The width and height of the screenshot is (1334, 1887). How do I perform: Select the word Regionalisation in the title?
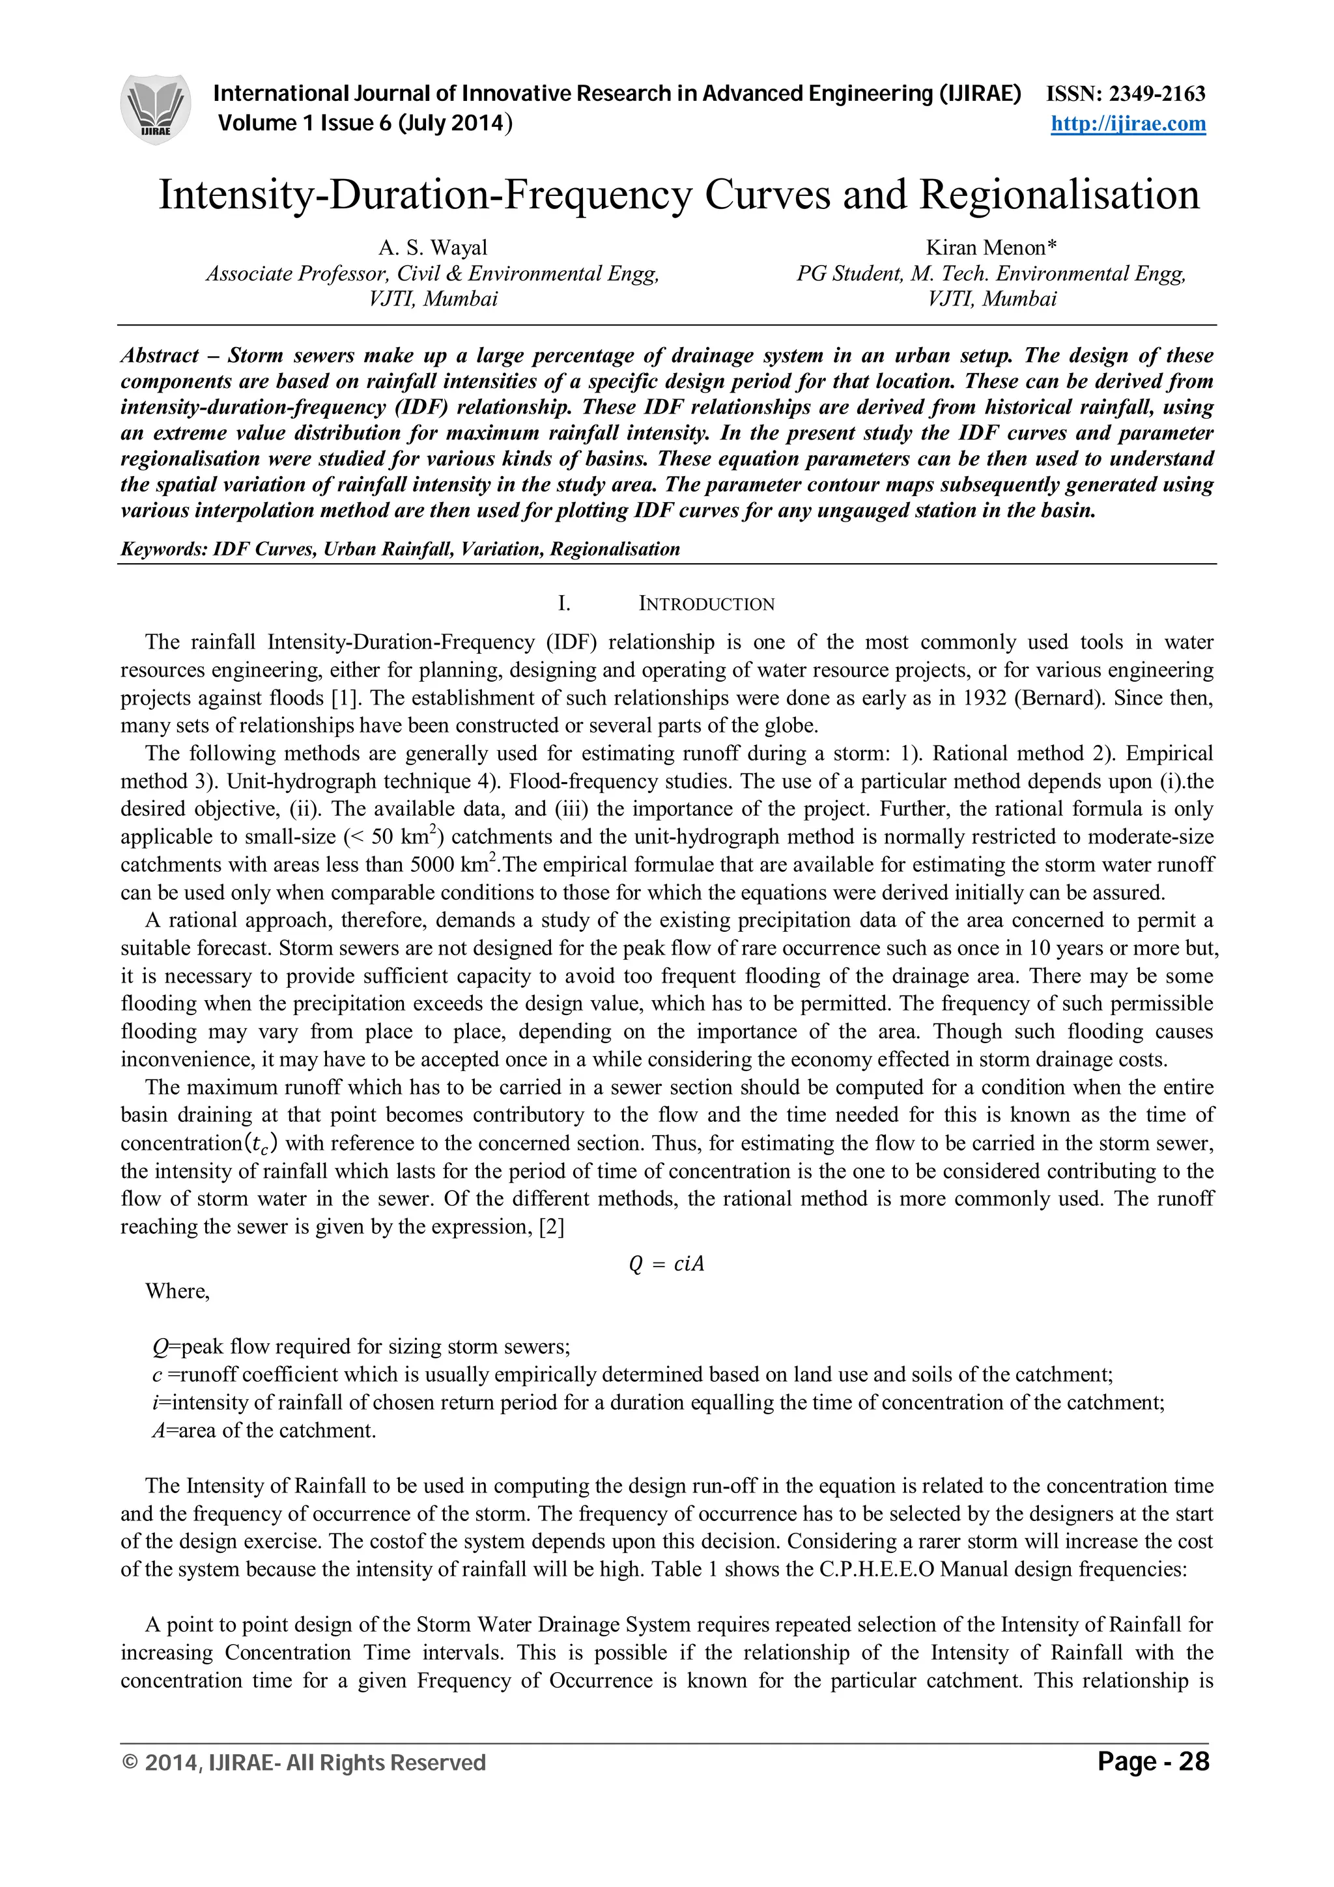pyautogui.click(x=1060, y=195)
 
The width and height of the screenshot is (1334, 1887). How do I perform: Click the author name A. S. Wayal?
pyautogui.click(x=433, y=247)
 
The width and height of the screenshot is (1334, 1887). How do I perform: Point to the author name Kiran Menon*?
pyautogui.click(x=991, y=247)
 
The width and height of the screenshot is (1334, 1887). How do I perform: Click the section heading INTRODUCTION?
pyautogui.click(x=706, y=604)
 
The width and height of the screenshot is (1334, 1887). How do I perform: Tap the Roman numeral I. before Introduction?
pyautogui.click(x=564, y=604)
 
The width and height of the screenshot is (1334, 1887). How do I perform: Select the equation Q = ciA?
pyautogui.click(x=666, y=1264)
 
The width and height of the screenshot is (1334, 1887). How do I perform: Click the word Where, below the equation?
pyautogui.click(x=178, y=1291)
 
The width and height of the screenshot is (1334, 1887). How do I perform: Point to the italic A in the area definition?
pyautogui.click(x=160, y=1431)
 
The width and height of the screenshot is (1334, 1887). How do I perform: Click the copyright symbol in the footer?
pyautogui.click(x=129, y=1763)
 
